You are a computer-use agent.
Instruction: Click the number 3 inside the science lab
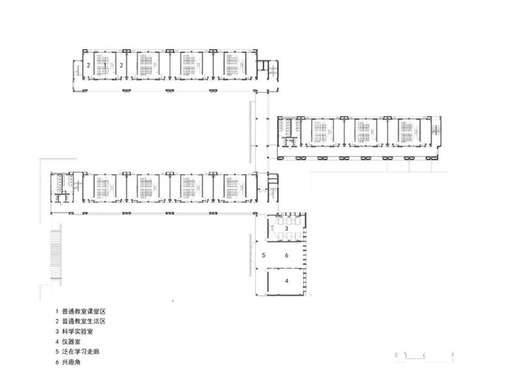click(287, 229)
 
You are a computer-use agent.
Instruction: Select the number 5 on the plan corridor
click(264, 255)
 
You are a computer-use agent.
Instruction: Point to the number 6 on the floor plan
click(287, 255)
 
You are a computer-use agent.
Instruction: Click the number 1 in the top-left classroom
click(105, 65)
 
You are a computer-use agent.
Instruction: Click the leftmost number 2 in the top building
click(88, 65)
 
